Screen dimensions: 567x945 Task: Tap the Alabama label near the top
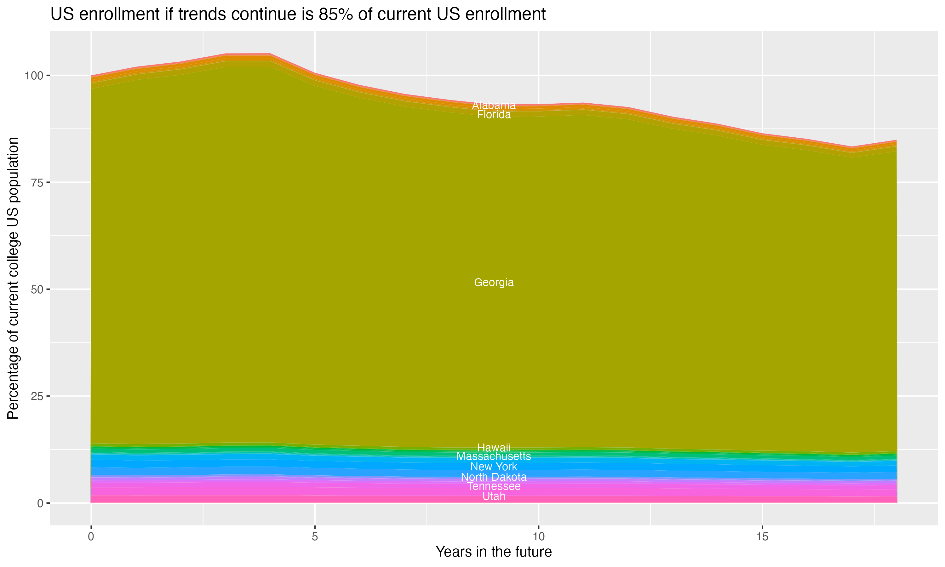click(494, 106)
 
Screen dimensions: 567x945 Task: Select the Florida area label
click(494, 115)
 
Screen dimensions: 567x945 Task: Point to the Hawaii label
click(494, 447)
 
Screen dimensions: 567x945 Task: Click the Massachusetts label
click(494, 456)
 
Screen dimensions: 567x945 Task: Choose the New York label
click(494, 467)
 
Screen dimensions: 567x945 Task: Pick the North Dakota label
click(494, 477)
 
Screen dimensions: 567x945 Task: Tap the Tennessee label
click(494, 486)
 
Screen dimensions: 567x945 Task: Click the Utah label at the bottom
click(494, 496)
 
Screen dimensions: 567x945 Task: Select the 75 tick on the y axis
click(37, 183)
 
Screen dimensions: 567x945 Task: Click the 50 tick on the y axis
click(37, 289)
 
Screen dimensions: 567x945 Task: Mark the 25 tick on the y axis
click(37, 396)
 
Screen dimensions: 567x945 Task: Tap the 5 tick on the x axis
click(315, 537)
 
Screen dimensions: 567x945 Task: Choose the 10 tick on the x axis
click(538, 537)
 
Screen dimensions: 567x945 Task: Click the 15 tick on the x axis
click(762, 537)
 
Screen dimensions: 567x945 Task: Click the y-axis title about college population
click(13, 278)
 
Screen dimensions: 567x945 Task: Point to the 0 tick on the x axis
click(91, 537)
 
